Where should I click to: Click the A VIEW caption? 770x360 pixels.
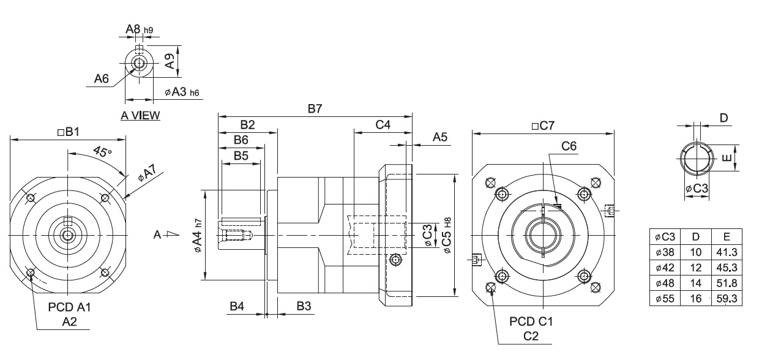pos(140,116)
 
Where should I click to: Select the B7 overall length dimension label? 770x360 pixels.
pos(315,109)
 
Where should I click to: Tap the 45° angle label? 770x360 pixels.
pos(102,151)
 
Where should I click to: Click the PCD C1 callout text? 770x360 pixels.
pos(530,321)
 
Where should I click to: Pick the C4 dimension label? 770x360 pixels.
pos(383,125)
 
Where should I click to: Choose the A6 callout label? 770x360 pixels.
pos(102,78)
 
